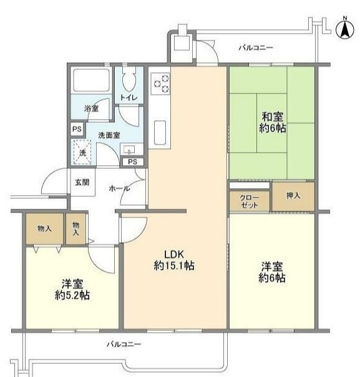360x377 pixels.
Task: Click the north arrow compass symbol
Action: pos(345,29)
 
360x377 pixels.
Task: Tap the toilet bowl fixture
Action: pos(129,79)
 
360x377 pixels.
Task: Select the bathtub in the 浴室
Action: pos(91,80)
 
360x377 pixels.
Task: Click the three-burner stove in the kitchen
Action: pos(160,84)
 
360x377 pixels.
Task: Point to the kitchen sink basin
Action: pos(160,133)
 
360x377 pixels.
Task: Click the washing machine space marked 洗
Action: pos(82,153)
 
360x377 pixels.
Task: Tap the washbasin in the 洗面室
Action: pos(131,149)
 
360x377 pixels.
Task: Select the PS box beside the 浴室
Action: pos(77,129)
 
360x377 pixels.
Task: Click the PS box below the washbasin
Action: pos(133,162)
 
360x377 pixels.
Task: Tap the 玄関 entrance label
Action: pos(82,182)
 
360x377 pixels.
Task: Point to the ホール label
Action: pos(119,188)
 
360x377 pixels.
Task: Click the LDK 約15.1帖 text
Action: pos(174,260)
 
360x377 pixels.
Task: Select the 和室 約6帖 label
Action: pos(273,123)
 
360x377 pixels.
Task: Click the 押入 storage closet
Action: pos(293,196)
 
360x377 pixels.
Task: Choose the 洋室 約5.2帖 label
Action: pos(72,290)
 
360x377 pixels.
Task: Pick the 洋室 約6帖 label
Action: pos(272,272)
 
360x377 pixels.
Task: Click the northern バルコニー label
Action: pos(256,47)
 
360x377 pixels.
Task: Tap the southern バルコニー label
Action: pos(124,345)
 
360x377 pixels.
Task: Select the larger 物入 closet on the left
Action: pos(44,229)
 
